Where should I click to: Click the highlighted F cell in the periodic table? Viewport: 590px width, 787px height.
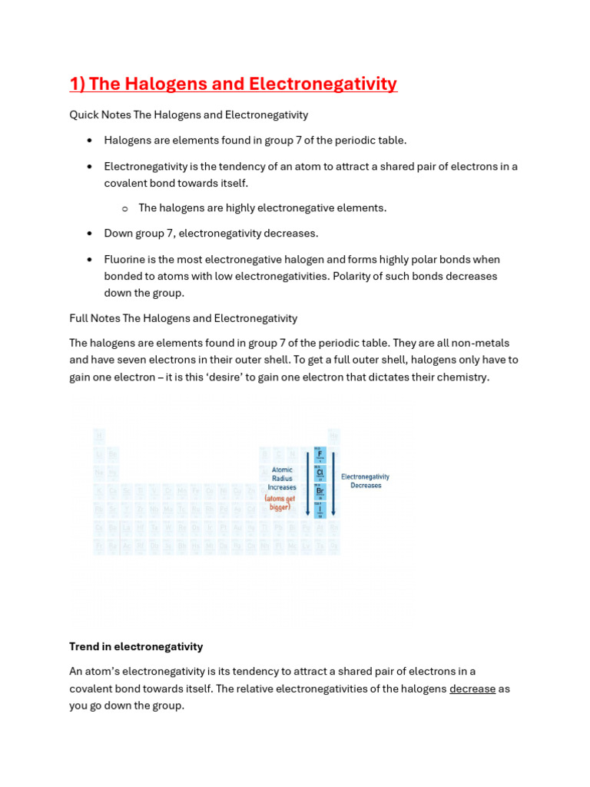320,454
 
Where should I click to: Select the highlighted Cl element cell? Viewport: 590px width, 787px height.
320,473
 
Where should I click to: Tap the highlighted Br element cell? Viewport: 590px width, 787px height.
320,491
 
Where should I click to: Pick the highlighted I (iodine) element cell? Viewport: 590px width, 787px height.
320,509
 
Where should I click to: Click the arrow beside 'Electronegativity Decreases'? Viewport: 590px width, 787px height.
333,483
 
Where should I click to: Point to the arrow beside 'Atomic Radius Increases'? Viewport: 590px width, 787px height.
308,483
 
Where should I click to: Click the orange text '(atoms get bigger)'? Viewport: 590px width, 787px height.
280,503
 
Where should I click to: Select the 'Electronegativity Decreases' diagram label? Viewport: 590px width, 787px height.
366,481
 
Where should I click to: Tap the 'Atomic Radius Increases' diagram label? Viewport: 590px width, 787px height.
282,478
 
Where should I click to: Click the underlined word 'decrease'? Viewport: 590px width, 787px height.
472,689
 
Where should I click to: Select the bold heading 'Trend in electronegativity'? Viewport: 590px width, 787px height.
136,646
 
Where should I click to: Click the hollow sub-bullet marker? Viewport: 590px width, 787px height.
124,208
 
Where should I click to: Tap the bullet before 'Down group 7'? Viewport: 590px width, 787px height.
90,234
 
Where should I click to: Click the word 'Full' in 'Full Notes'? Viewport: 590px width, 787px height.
79,318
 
